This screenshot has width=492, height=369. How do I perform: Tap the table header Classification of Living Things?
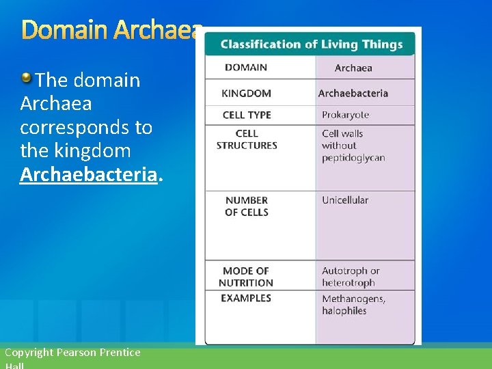pos(312,44)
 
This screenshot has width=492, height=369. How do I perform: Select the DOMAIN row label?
pos(246,67)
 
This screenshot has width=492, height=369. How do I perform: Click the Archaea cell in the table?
pos(353,68)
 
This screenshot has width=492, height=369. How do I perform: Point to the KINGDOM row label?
pos(246,93)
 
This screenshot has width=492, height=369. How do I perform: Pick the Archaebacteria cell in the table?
pos(353,94)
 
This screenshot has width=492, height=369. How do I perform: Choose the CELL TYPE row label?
pos(247,115)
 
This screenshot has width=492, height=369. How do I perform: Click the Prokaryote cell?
pos(345,115)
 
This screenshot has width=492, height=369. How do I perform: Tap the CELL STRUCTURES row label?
pos(247,139)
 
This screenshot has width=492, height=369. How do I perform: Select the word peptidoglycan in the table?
pos(353,158)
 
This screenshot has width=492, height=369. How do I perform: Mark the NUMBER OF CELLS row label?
pos(247,206)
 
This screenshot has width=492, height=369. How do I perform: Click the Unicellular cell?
pos(345,200)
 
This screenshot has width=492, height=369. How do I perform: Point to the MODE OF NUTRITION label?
pos(246,277)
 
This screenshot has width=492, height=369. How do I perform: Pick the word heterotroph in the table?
pos(348,283)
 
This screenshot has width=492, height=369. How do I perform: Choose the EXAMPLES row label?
pos(246,298)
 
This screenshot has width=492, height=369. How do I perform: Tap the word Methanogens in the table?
pos(353,299)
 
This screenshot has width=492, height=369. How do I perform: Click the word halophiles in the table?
pos(344,311)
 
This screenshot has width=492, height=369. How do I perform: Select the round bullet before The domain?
pos(26,77)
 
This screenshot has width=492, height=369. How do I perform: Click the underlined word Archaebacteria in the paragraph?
pos(89,174)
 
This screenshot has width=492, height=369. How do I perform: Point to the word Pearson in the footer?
pos(78,353)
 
